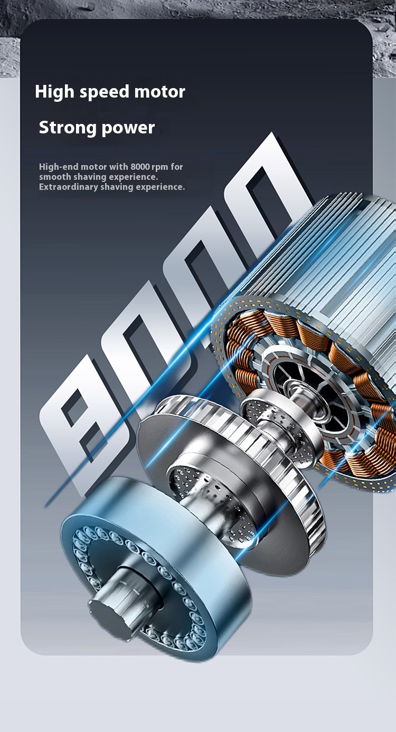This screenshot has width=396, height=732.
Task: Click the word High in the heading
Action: coord(55,92)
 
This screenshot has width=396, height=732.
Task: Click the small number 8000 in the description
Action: coord(140,167)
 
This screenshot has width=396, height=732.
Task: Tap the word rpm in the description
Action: coord(159,167)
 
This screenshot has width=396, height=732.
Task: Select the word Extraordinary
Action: coord(69,187)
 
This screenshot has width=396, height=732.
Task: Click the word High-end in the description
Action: coord(59,167)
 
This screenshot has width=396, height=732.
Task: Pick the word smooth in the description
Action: coord(55,177)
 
